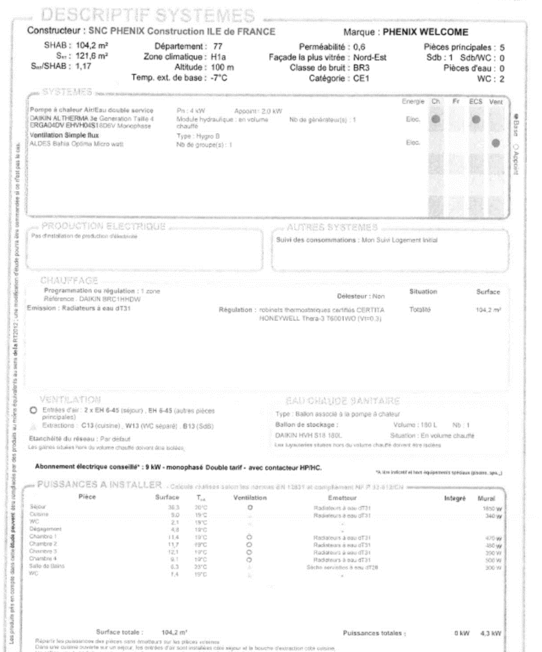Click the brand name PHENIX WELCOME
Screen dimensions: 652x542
[425, 32]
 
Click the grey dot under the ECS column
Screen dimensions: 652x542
[476, 119]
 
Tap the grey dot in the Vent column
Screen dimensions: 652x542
[496, 143]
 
